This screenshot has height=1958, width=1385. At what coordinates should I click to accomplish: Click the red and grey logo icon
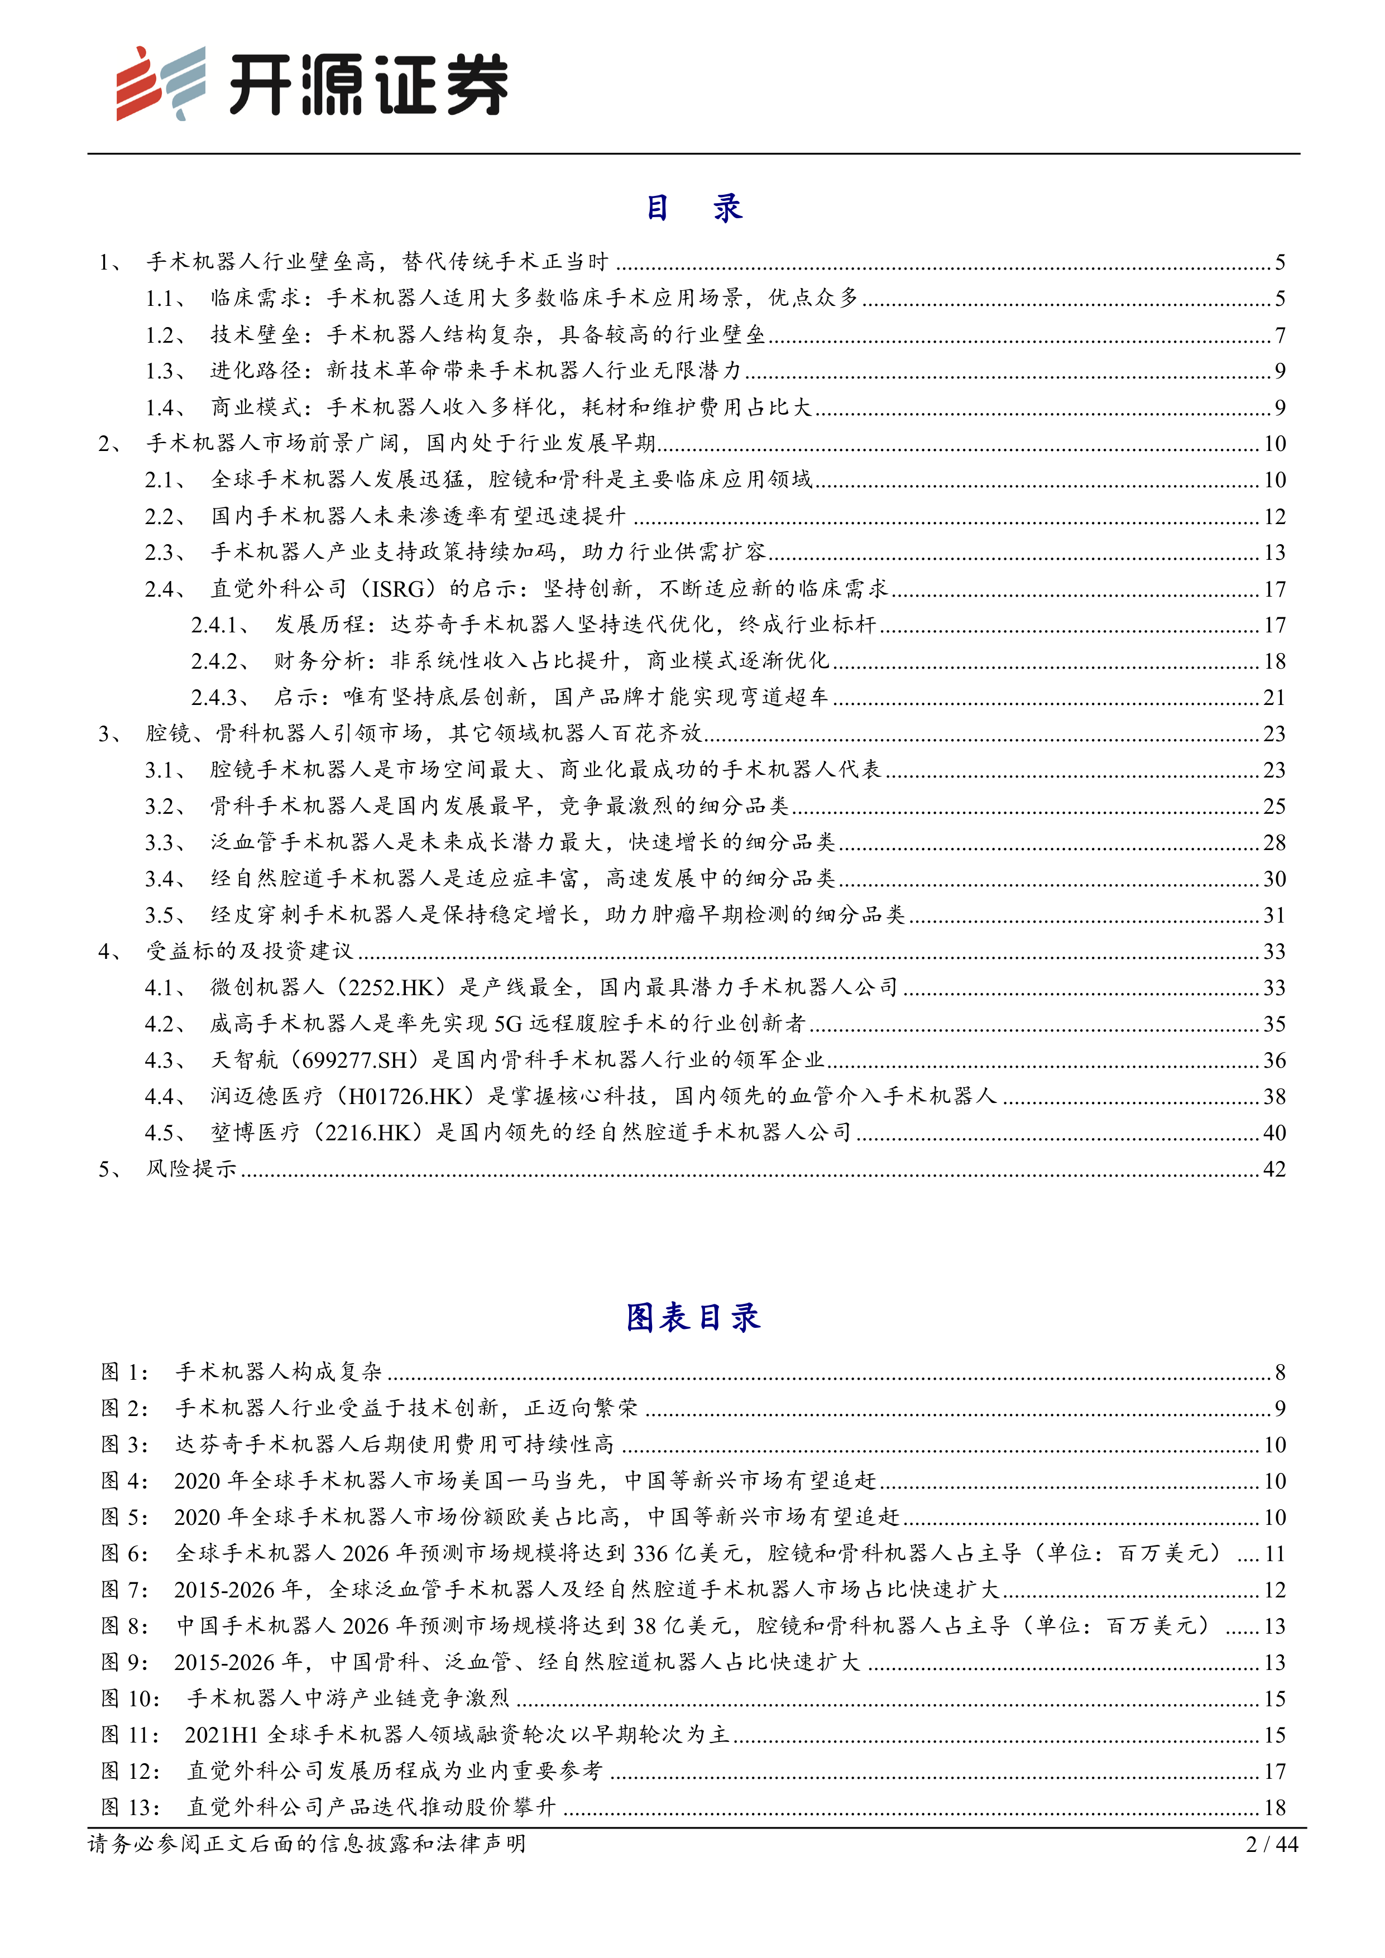tap(160, 84)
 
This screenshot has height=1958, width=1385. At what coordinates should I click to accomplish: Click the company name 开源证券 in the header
tap(368, 85)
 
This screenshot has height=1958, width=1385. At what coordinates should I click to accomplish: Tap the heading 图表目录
tap(692, 1318)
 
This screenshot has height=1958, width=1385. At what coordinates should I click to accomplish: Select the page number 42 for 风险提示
tap(1274, 1169)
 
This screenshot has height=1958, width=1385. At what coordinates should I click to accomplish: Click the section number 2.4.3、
tap(220, 698)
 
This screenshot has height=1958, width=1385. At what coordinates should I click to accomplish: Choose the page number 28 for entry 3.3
tap(1274, 843)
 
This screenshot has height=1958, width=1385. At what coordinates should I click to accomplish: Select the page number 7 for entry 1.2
tap(1279, 335)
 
